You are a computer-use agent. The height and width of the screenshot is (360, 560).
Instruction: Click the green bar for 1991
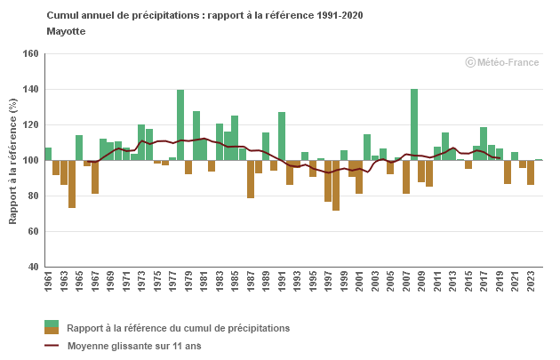click(282, 136)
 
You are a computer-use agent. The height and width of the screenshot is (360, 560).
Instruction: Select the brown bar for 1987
click(251, 179)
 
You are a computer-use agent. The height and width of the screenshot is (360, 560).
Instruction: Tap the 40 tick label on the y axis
click(32, 267)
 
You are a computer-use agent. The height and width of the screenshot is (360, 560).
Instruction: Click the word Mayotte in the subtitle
click(66, 30)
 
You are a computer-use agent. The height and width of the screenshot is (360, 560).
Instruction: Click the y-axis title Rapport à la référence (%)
click(13, 160)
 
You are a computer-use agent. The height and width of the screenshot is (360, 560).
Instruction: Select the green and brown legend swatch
click(52, 327)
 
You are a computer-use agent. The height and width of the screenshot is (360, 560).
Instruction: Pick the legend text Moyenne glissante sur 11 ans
click(134, 346)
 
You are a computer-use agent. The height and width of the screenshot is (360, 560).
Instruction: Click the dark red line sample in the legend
click(52, 346)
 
